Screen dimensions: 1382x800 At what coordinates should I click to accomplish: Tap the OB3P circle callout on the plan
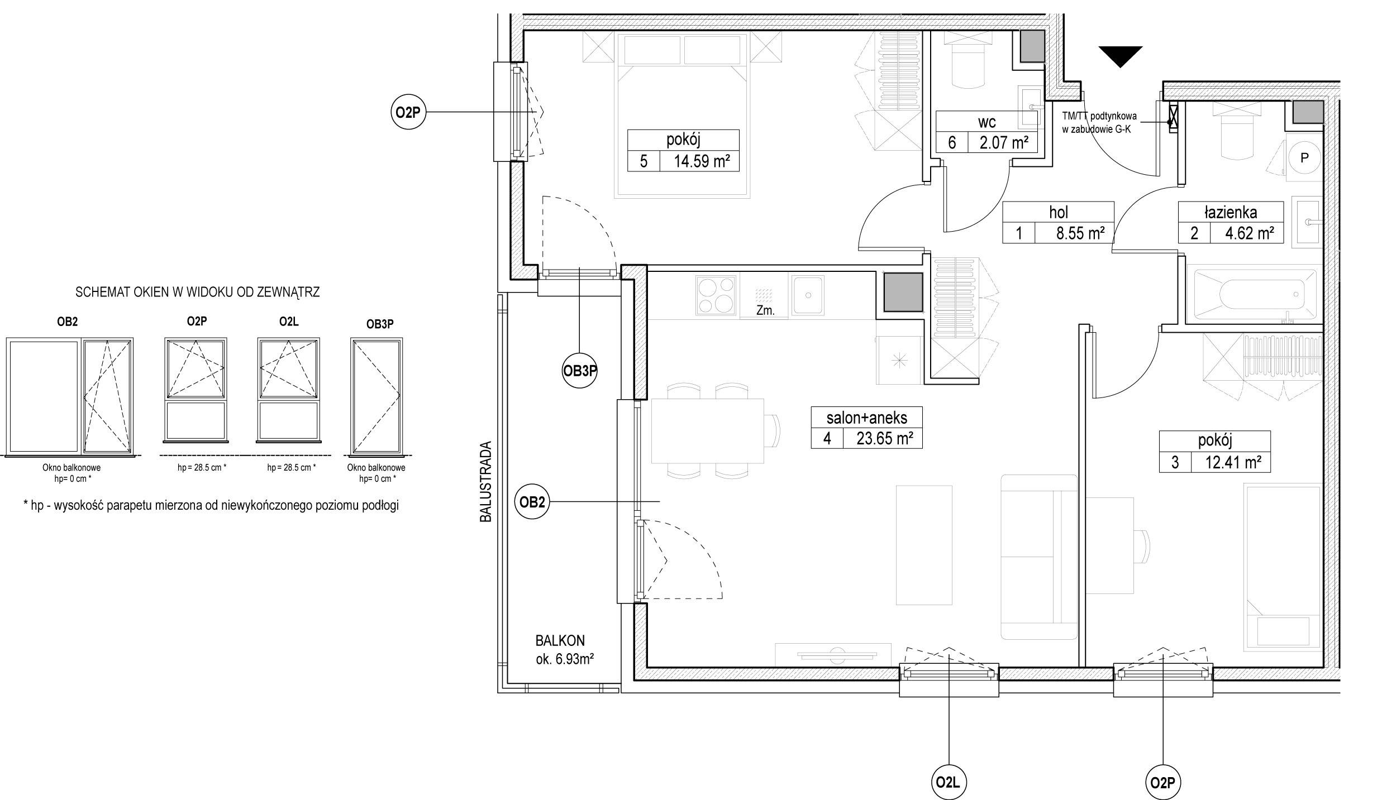pos(579,371)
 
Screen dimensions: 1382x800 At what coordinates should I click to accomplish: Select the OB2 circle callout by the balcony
pos(532,502)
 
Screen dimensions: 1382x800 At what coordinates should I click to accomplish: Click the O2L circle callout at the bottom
pos(949,782)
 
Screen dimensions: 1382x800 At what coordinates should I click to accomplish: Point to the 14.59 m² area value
pos(702,161)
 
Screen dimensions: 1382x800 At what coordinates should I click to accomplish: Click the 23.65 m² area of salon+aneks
pos(885,438)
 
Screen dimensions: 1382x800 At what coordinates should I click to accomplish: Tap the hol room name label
pos(1059,212)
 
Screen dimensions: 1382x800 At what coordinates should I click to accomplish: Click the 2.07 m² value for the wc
pos(1004,143)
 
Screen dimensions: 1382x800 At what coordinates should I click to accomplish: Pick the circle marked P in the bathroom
pos(1304,158)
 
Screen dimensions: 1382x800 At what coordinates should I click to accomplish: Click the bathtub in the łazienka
pos(1255,296)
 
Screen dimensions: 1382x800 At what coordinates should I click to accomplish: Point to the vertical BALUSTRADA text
pos(486,482)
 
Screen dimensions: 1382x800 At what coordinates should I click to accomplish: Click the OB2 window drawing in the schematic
pos(70,396)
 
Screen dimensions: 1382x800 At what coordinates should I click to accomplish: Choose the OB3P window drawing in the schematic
pos(377,396)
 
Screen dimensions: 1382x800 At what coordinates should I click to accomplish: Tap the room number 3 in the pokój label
pos(1175,462)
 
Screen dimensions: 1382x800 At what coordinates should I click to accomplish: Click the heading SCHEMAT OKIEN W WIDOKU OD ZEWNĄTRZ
pos(198,292)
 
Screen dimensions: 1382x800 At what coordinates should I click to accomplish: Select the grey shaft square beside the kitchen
pos(903,292)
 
